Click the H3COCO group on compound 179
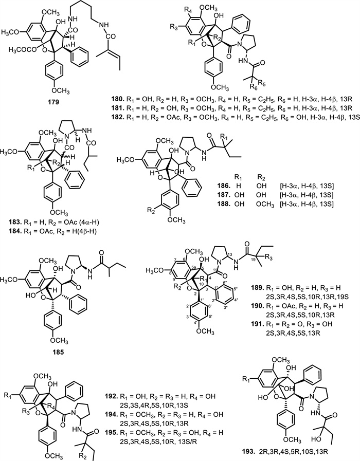(21, 49)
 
